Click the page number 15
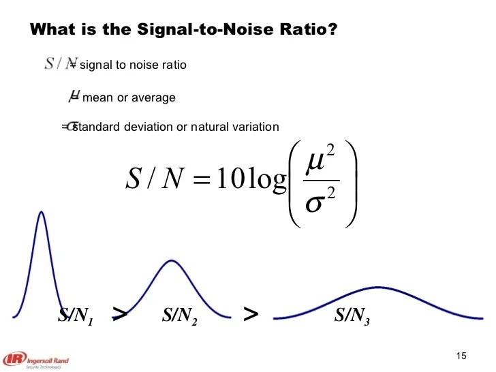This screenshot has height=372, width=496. point(461,357)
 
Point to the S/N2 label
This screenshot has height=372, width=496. point(180,315)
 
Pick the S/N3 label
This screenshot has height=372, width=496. point(352,315)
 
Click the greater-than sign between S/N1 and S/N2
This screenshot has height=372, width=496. point(119,313)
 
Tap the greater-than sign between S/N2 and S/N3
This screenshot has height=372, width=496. point(251,313)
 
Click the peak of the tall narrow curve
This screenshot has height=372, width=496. point(42,212)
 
